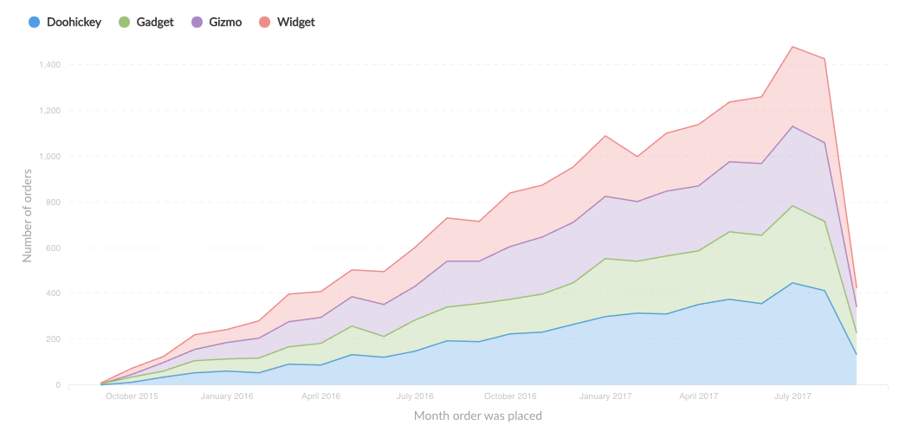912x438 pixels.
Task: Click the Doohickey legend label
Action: click(74, 22)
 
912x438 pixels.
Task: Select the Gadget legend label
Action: click(155, 22)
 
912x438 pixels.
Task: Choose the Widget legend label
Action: click(296, 22)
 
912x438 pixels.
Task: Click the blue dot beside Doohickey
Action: click(34, 22)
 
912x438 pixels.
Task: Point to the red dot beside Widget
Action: click(265, 22)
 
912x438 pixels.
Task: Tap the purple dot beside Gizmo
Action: click(195, 22)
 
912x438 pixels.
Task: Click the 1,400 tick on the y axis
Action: click(49, 65)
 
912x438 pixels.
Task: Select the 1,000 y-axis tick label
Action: click(49, 157)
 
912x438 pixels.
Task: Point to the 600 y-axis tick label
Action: click(53, 248)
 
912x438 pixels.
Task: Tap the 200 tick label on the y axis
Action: click(53, 339)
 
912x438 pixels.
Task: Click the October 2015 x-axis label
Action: click(132, 396)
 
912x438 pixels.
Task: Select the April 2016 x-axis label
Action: click(320, 396)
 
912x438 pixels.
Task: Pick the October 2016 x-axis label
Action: click(510, 396)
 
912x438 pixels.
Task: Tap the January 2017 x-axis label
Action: click(605, 396)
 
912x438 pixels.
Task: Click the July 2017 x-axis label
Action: click(792, 396)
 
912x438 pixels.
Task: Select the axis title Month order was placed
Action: click(478, 416)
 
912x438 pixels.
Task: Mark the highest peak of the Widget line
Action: click(792, 47)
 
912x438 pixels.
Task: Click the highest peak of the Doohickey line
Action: click(792, 282)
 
